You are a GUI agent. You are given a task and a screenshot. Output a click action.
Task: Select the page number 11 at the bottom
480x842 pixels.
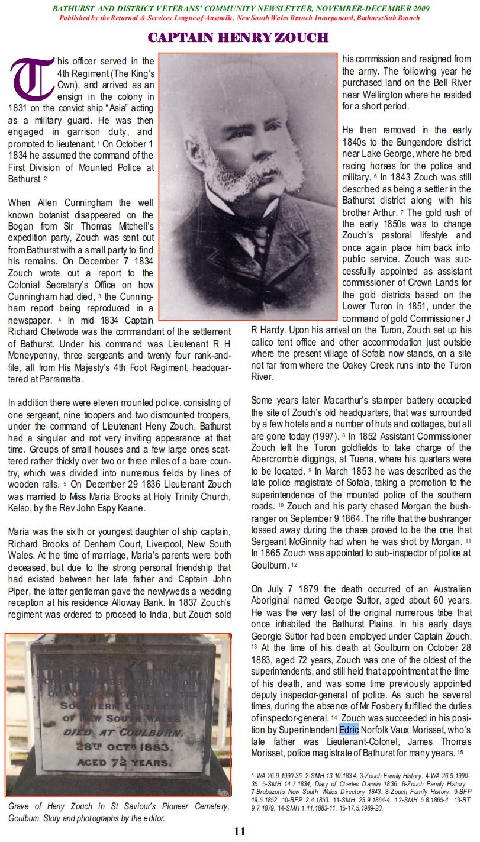[x=240, y=831]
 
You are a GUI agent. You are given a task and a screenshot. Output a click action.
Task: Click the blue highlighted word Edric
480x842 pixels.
[x=349, y=729]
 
